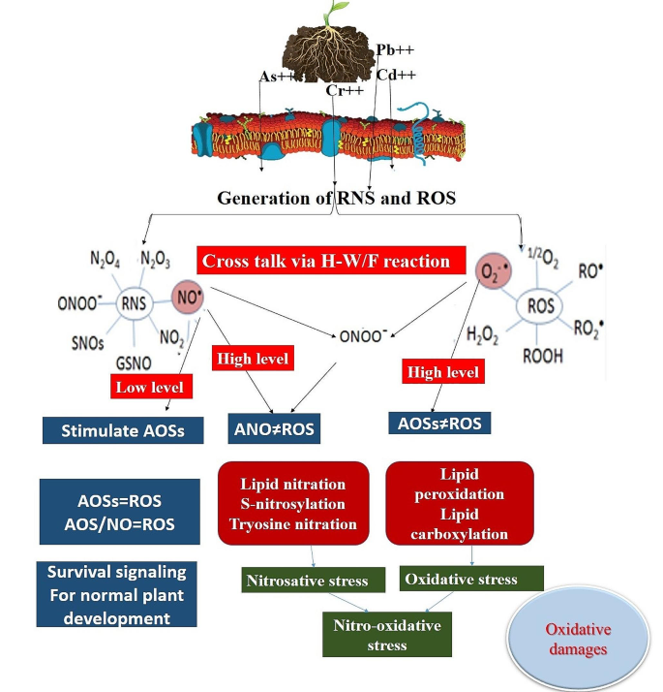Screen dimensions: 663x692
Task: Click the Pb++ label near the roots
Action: [x=395, y=49]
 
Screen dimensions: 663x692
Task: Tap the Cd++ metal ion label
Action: [x=396, y=75]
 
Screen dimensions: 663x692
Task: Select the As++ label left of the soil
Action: [x=277, y=77]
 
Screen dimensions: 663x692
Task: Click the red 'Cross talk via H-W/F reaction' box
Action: [x=331, y=261]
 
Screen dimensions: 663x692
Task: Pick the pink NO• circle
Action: [x=188, y=297]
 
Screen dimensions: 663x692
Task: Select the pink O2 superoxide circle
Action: [x=494, y=271]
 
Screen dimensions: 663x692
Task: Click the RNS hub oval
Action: [x=134, y=303]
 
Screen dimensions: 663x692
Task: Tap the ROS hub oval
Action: [x=539, y=305]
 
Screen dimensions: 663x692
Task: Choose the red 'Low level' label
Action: [x=151, y=387]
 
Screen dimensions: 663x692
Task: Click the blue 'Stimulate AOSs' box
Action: [x=123, y=430]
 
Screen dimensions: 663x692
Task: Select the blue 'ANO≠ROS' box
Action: [x=274, y=428]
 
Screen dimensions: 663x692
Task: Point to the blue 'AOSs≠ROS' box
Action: [x=439, y=424]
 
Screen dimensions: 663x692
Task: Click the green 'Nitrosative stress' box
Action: [x=313, y=580]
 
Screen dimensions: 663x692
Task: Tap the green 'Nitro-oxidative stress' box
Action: [x=387, y=635]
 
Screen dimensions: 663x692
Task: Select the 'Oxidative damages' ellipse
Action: [x=578, y=638]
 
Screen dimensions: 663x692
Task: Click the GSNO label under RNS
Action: [x=134, y=363]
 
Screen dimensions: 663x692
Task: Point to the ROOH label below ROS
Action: [x=543, y=356]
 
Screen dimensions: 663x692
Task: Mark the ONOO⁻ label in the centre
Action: [x=363, y=336]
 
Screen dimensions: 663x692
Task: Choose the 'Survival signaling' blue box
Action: [x=117, y=594]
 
